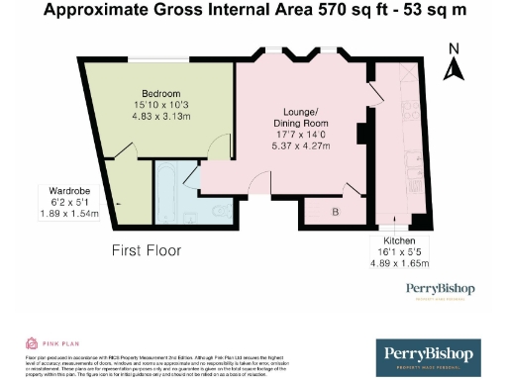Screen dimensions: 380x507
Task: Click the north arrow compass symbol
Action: point(455,68)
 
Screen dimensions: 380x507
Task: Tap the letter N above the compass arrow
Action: point(455,47)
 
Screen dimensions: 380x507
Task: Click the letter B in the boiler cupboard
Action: point(335,212)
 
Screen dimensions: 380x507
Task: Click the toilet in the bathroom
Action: point(226,210)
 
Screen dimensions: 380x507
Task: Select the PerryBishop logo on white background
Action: point(441,290)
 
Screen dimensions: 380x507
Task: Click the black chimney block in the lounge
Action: point(362,132)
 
